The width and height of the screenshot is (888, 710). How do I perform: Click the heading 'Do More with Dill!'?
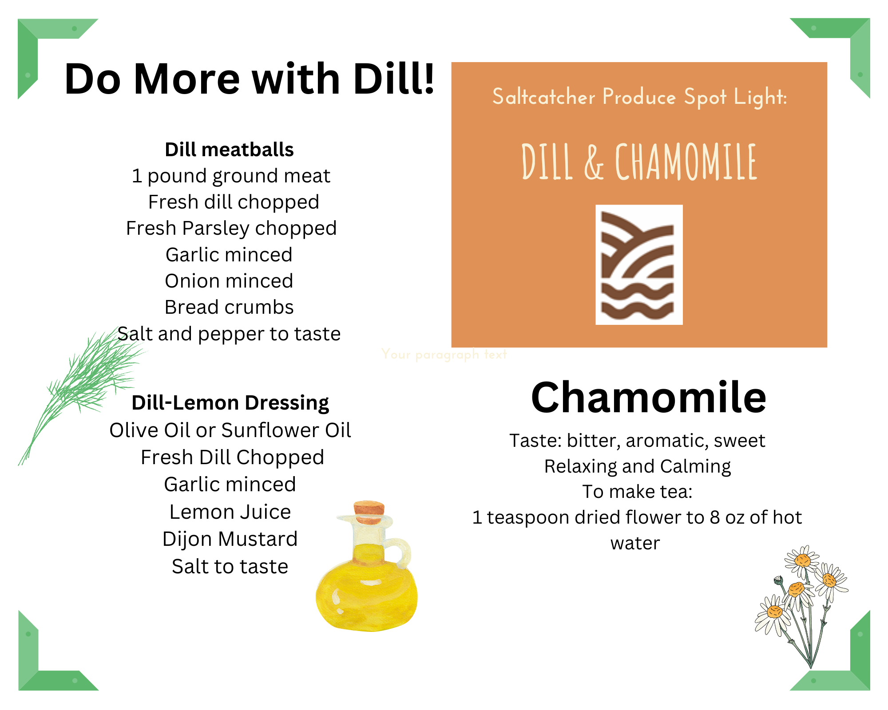(x=249, y=79)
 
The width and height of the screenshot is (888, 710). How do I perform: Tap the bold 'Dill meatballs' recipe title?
(x=229, y=150)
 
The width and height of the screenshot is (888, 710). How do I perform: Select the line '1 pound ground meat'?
(x=231, y=176)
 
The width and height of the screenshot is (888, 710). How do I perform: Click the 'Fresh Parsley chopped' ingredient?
(x=231, y=229)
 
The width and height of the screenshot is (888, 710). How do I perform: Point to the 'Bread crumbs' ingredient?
(x=229, y=307)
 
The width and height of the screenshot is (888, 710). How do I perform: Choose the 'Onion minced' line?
(x=229, y=281)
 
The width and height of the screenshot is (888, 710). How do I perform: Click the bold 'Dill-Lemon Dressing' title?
(x=230, y=403)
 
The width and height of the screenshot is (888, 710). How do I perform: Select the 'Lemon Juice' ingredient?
(x=230, y=512)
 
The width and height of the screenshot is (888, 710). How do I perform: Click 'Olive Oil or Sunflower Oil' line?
(x=230, y=430)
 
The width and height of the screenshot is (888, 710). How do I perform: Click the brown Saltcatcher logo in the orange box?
(x=639, y=265)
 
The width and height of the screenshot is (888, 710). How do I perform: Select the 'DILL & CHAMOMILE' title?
(x=639, y=162)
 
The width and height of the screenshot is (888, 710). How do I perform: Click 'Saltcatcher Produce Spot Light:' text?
(x=639, y=97)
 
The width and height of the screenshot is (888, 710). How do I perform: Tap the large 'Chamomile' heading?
(x=648, y=397)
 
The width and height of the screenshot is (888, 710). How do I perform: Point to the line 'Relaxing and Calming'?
(x=638, y=467)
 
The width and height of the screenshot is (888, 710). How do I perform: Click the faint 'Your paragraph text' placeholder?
(x=444, y=355)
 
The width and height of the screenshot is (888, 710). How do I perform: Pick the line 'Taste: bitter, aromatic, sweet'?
(x=637, y=441)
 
